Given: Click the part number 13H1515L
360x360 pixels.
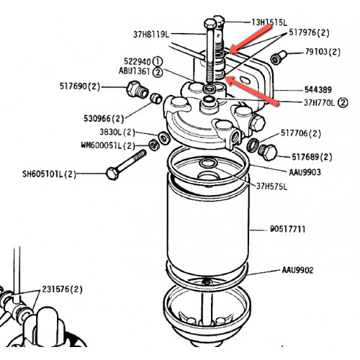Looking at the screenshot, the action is (269, 22).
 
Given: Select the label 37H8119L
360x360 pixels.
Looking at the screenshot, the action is (151, 35).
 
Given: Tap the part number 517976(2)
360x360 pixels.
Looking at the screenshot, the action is (309, 32).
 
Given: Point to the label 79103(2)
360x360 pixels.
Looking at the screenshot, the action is (323, 52).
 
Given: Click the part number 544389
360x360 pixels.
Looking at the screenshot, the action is (318, 90).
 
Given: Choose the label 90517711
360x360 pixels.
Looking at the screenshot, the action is (287, 229).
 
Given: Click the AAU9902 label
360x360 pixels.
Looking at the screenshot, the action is (297, 270).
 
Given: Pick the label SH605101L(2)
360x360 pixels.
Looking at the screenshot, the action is (49, 174).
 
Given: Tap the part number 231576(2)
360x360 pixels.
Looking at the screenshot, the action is (62, 289).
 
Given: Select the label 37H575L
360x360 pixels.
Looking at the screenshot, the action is (271, 186).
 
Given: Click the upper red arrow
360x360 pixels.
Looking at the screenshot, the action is (250, 38).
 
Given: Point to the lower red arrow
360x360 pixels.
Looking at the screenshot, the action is (252, 91).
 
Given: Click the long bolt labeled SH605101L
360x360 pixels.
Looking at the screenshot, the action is (126, 164).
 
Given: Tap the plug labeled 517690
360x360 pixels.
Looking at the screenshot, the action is (137, 89).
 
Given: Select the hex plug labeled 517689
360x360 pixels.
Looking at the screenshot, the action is (268, 152).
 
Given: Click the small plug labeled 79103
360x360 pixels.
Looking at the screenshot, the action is (279, 57).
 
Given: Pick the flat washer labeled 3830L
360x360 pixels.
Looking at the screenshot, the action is (164, 138).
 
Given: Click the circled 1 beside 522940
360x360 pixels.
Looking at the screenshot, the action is (158, 61).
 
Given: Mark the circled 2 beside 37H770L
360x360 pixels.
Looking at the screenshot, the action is (343, 103).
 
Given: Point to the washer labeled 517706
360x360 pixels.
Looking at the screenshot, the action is (253, 145).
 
